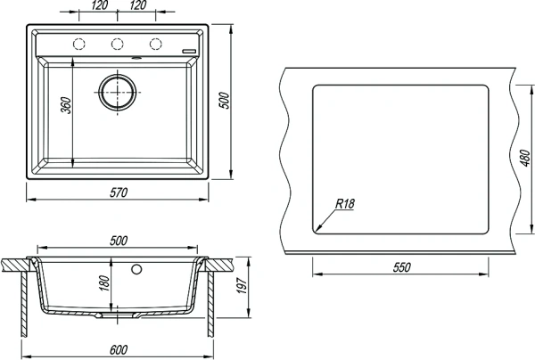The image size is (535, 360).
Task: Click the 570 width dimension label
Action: [x=119, y=192]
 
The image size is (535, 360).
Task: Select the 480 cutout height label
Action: [x=525, y=158]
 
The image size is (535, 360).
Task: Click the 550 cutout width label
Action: [x=401, y=267]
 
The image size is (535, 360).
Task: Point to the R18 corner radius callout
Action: [x=345, y=204]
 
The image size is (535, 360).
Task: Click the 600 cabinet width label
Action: [x=119, y=350]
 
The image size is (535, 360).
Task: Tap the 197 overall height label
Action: [x=242, y=286]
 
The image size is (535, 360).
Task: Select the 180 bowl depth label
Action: [x=104, y=283]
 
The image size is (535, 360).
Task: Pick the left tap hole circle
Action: [x=78, y=44]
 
